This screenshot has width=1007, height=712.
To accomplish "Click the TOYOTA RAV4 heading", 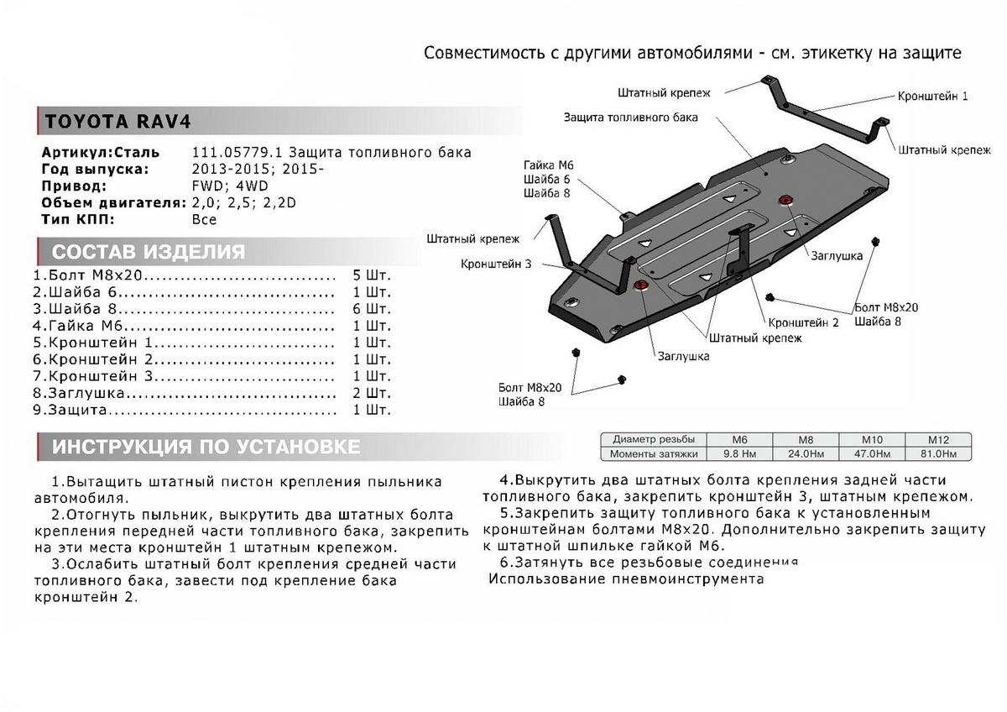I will coord(117,121).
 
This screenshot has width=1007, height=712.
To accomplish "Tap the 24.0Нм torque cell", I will coord(805,453).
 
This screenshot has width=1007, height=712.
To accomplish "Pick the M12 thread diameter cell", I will coord(937,439).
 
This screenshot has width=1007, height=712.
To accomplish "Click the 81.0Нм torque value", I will coord(937,453).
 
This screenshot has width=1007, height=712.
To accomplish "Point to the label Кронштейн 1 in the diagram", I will coord(932,97).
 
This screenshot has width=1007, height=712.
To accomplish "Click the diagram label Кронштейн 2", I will coord(803,322).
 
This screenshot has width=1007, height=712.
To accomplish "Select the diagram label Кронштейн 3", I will coord(495,264).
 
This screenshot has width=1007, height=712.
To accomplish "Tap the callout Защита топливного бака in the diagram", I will coord(630,118).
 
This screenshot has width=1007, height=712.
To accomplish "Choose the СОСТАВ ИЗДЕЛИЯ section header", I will coord(149,253).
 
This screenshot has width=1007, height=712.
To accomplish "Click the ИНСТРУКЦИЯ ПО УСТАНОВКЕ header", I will coord(206,447).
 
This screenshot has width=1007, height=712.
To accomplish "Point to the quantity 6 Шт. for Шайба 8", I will coord(372,308).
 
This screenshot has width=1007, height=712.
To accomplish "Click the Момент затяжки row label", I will coord(655,453).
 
